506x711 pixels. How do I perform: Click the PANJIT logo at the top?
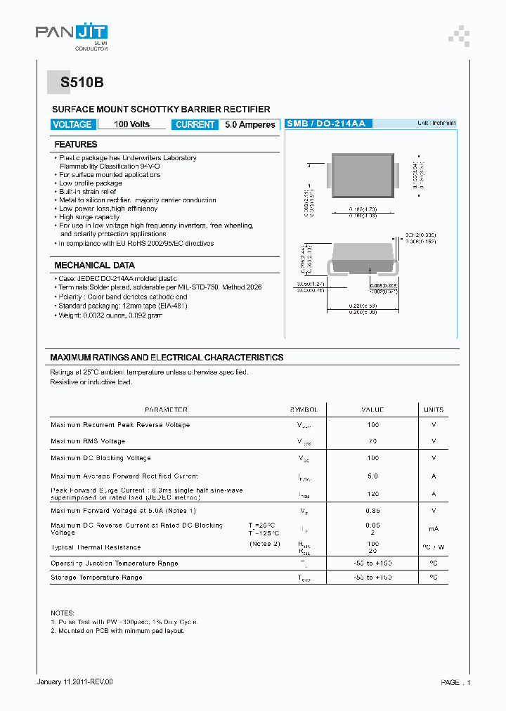tap(72, 33)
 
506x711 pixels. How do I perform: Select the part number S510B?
tap(82, 82)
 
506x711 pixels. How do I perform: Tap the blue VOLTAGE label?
tap(72, 124)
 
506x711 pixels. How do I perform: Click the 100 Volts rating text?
tap(131, 124)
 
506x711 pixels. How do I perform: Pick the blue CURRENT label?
tap(195, 124)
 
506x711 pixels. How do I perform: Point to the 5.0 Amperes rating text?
tap(249, 124)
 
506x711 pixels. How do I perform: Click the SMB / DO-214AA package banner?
tap(326, 124)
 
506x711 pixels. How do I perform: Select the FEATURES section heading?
tap(76, 145)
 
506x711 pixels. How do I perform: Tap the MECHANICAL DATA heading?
tap(94, 266)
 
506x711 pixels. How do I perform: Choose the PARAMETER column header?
tap(166, 410)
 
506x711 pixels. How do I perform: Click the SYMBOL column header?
tap(304, 410)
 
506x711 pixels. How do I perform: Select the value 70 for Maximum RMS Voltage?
tap(372, 441)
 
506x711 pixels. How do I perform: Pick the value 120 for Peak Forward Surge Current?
tap(372, 494)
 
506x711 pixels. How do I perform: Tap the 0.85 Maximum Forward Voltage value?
tap(372, 511)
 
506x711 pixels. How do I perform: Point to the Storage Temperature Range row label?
tap(96, 578)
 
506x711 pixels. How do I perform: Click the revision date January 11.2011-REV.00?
tap(74, 682)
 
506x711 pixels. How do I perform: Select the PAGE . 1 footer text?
tap(455, 682)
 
